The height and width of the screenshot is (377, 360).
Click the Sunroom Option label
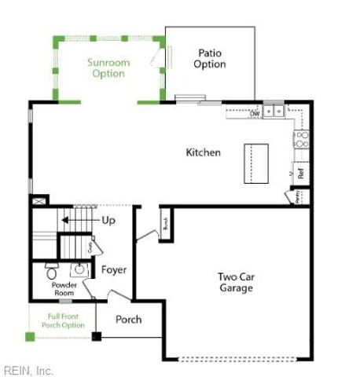pyautogui.click(x=108, y=68)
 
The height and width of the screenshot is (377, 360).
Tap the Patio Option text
pyautogui.click(x=210, y=59)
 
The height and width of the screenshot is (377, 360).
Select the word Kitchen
pyautogui.click(x=203, y=152)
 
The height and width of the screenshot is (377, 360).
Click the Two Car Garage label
pyautogui.click(x=236, y=282)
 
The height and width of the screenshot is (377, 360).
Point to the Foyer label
pyautogui.click(x=114, y=270)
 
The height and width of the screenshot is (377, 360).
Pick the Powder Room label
pyautogui.click(x=64, y=288)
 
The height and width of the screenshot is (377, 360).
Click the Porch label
pyautogui.click(x=128, y=320)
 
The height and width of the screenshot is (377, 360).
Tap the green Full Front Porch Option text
pyautogui.click(x=63, y=320)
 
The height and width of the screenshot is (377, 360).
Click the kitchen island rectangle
pyautogui.click(x=256, y=163)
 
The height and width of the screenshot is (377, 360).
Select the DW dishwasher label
pyautogui.click(x=255, y=114)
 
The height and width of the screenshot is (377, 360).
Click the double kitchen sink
pyautogui.click(x=274, y=112)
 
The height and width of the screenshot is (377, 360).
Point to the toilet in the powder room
pyautogui.click(x=51, y=274)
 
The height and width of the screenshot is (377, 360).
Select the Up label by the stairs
pyautogui.click(x=108, y=220)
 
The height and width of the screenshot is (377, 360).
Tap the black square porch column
pyautogui.click(x=97, y=337)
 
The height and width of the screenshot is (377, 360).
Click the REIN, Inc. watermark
pyautogui.click(x=28, y=370)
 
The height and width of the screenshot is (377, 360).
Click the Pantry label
pyautogui.click(x=298, y=198)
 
